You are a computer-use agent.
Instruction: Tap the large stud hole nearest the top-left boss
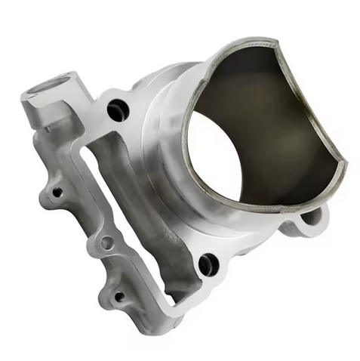point(118,111)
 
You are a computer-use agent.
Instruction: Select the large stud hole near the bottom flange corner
point(207,264)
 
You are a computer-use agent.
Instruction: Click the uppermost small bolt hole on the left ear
point(56,192)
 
